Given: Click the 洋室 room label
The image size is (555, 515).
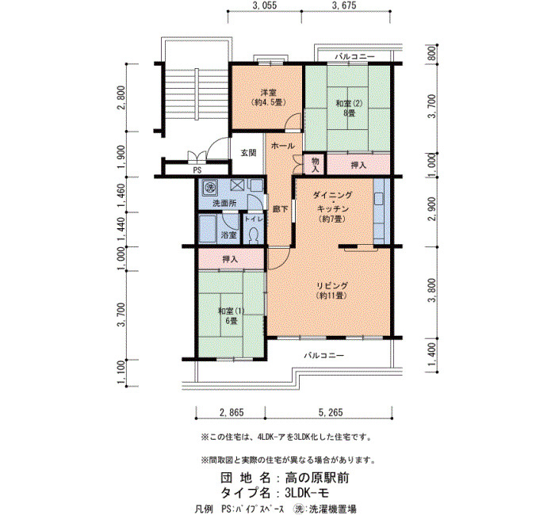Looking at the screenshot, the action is (269, 93).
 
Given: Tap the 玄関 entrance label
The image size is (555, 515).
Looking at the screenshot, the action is (248, 153).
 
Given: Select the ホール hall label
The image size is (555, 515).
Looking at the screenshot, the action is (283, 145).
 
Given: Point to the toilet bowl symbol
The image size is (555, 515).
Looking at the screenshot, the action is (254, 235).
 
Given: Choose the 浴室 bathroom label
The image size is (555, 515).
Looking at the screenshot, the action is (228, 235).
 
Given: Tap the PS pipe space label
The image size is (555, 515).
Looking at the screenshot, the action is (197, 170).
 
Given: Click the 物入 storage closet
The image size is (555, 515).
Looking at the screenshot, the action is (315, 165).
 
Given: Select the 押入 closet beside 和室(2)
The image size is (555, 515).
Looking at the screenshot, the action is (358, 165).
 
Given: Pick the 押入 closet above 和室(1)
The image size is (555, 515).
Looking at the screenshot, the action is (231, 259).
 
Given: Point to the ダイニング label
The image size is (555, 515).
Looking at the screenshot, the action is (332, 195).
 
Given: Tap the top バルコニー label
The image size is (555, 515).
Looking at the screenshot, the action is (354, 56).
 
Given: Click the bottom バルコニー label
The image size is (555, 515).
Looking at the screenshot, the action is (323, 355).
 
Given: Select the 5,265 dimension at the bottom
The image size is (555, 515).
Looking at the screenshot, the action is (331, 412).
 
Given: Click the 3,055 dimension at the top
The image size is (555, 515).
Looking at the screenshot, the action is (264, 6).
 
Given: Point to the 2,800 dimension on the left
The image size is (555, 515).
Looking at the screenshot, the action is (121, 97).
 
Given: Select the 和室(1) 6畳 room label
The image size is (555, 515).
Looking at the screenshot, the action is (232, 316).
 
